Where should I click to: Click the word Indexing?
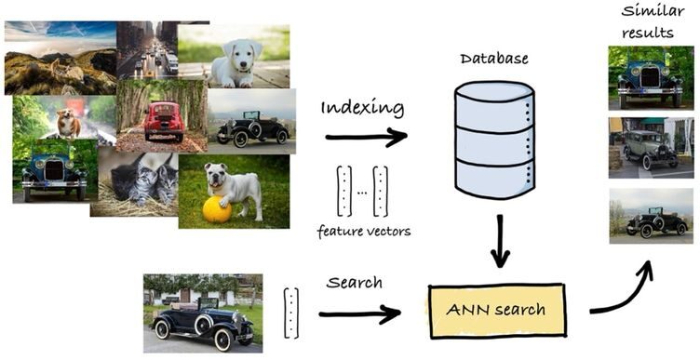tap(363, 107)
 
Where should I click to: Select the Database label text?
tap(494, 59)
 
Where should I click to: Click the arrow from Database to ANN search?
tap(502, 240)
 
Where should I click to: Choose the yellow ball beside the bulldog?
tap(217, 209)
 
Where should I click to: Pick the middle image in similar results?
tap(650, 147)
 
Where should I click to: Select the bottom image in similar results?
tap(650, 216)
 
